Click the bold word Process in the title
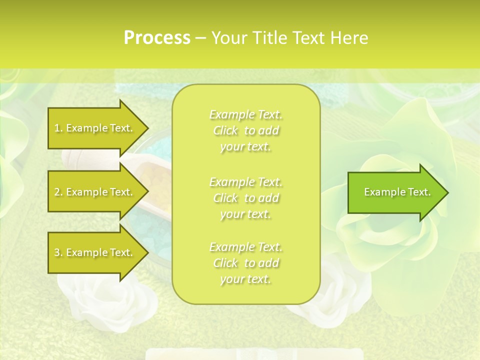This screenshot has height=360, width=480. (x=157, y=38)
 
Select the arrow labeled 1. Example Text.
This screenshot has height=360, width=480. (x=95, y=128)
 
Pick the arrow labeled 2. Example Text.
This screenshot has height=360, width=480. (x=95, y=192)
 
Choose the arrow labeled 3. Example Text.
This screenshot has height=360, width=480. (x=95, y=252)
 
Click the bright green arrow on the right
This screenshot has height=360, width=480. (x=395, y=192)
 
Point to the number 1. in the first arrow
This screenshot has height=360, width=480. (x=58, y=128)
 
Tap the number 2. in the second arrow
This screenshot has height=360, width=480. (x=58, y=192)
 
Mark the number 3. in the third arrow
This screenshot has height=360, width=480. (x=58, y=252)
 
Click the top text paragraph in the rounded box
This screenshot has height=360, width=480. (x=245, y=130)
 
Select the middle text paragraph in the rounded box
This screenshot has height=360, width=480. (x=245, y=198)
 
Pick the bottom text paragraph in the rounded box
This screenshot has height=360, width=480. (x=245, y=263)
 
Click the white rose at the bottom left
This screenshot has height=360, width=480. (x=100, y=300)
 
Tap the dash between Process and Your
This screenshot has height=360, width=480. (x=200, y=38)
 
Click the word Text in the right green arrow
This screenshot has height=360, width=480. (x=419, y=192)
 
